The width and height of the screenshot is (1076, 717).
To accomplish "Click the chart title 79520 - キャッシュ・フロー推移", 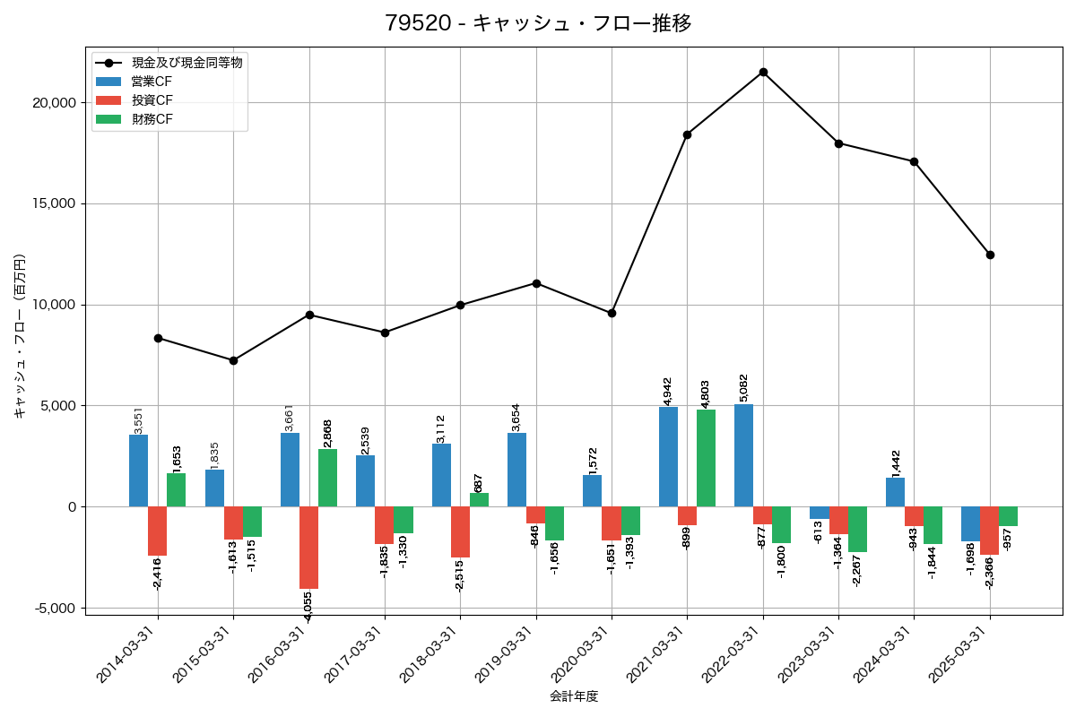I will click(538, 23).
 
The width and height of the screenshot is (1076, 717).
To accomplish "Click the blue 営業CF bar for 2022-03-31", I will click(743, 455).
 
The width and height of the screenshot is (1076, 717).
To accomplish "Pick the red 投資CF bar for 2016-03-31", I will click(309, 548).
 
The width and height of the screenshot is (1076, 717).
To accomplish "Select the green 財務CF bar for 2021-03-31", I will click(706, 458).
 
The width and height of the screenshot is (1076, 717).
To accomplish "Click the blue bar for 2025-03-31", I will click(970, 523).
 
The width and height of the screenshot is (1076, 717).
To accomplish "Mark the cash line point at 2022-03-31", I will click(763, 72).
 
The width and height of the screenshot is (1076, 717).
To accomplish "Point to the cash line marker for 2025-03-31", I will click(990, 255).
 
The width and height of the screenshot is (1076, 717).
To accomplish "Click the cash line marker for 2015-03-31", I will click(233, 360).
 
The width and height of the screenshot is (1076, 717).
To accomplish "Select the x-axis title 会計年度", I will click(574, 696).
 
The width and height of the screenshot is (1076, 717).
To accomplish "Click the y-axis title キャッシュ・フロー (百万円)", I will click(20, 336).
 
